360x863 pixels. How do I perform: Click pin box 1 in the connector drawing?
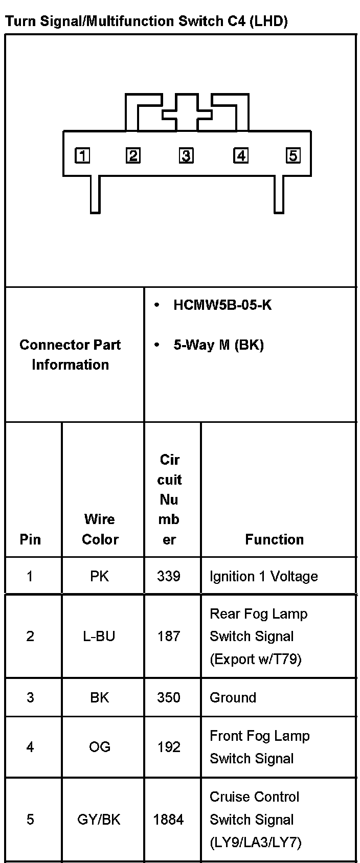pos(82,155)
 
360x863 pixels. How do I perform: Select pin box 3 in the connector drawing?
pos(186,155)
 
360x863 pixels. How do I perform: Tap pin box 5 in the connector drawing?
pos(293,155)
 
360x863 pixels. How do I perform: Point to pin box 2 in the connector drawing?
pos(133,155)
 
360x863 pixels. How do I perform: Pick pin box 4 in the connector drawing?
pos(241,155)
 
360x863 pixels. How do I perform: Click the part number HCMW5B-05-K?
pos(222,305)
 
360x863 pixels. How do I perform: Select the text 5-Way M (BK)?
pos(218,345)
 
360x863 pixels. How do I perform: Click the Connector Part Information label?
pos(70,354)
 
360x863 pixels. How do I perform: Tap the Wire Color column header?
pos(100,529)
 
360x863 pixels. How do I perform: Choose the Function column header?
pos(274,539)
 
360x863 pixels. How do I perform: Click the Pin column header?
pos(30,539)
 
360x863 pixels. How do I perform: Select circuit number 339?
pos(169,576)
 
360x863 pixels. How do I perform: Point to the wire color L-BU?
pos(99,636)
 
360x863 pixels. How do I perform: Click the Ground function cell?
pos(233,697)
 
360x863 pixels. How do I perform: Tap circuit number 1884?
pos(168,820)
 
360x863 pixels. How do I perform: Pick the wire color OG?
pos(99,747)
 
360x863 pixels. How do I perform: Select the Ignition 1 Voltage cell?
pos(263,576)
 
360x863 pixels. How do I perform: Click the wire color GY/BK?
pos(99,820)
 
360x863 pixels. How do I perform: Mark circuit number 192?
pos(169,747)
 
